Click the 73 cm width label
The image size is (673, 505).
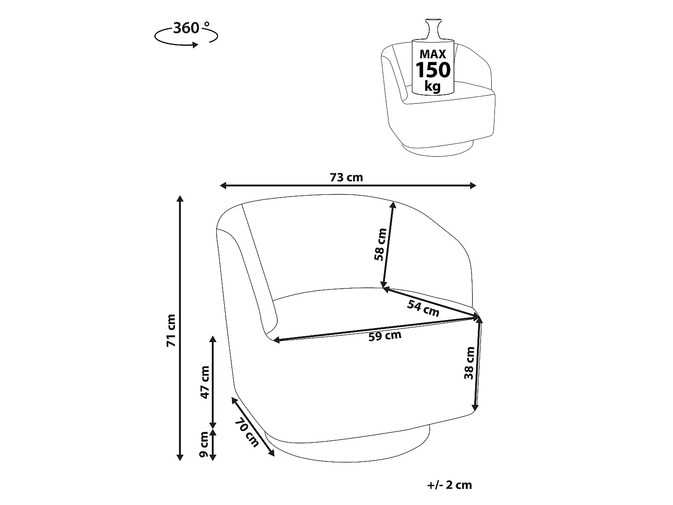pyautogui.click(x=346, y=177)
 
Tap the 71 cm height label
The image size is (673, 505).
pyautogui.click(x=171, y=330)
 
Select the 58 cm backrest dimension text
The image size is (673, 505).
pyautogui.click(x=380, y=245)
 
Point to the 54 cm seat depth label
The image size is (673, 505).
pyautogui.click(x=423, y=308)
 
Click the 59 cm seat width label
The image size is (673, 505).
pyautogui.click(x=385, y=336)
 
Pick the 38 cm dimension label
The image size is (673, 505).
pyautogui.click(x=469, y=363)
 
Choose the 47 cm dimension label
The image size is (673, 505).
pyautogui.click(x=205, y=382)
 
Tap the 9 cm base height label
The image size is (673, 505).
pyautogui.click(x=204, y=445)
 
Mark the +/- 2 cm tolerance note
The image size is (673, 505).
pyautogui.click(x=450, y=485)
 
